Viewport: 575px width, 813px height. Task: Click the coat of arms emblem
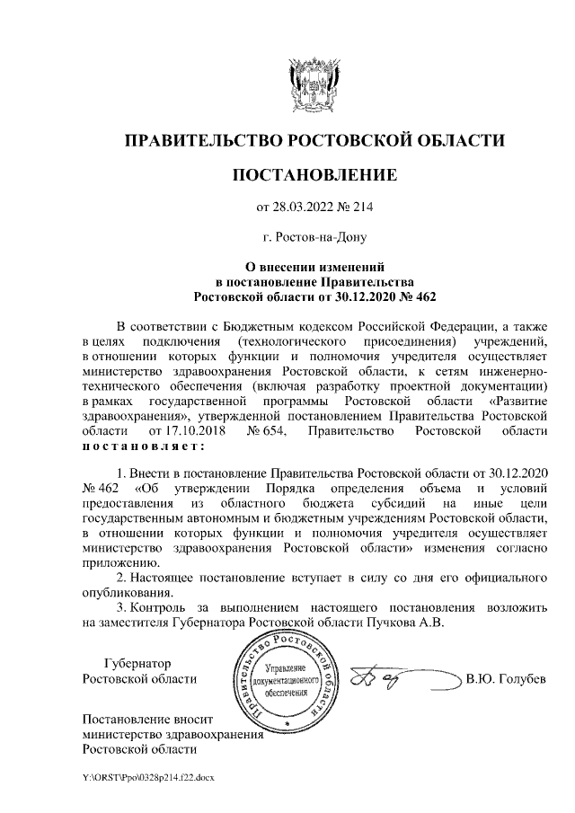tap(314, 86)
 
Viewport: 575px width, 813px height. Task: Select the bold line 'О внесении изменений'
tap(314, 266)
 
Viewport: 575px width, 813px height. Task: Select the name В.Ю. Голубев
tap(506, 678)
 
